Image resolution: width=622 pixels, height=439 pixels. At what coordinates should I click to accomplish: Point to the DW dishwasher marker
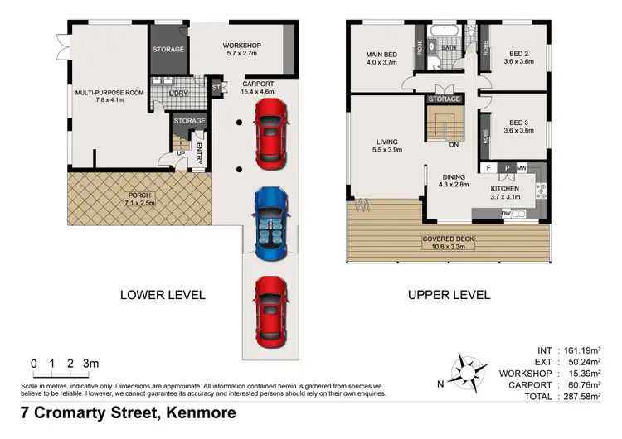[505, 214]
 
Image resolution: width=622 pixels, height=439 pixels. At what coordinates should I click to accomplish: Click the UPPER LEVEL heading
[449, 294]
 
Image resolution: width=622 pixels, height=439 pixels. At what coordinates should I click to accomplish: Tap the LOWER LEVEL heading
[163, 294]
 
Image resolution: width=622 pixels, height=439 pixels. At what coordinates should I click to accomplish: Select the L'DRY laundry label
[178, 93]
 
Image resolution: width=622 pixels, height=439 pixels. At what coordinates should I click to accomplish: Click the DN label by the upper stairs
[454, 145]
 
